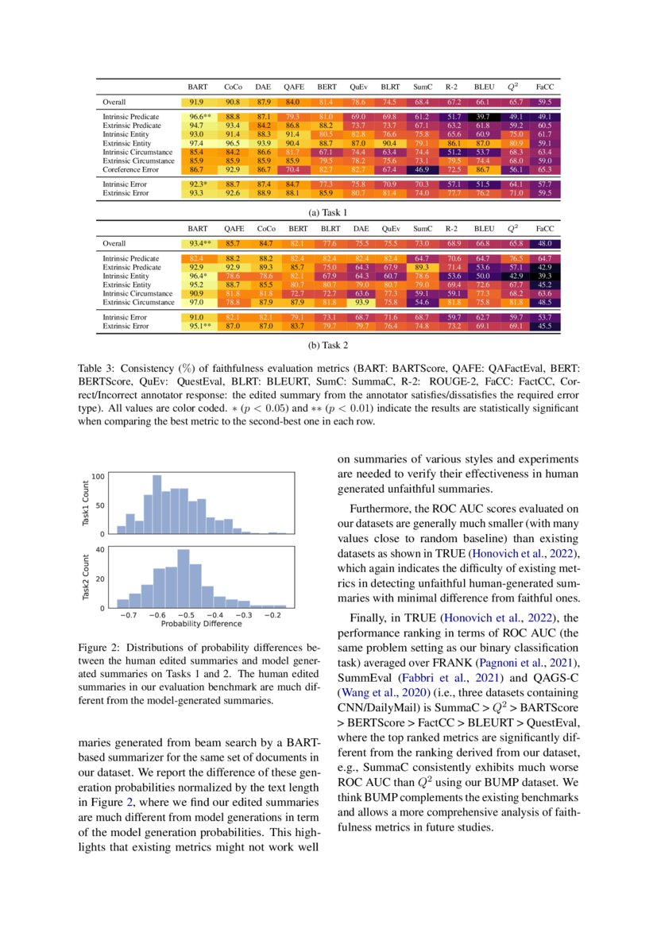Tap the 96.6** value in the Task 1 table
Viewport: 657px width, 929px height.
point(197,117)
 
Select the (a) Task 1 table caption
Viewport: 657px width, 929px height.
point(328,212)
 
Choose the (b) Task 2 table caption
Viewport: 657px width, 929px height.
point(328,346)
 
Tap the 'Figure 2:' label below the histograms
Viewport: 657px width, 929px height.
point(99,648)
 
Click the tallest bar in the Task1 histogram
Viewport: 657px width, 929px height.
point(157,504)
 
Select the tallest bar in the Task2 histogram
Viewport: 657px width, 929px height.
point(184,579)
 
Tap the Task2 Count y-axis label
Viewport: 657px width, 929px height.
point(87,577)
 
